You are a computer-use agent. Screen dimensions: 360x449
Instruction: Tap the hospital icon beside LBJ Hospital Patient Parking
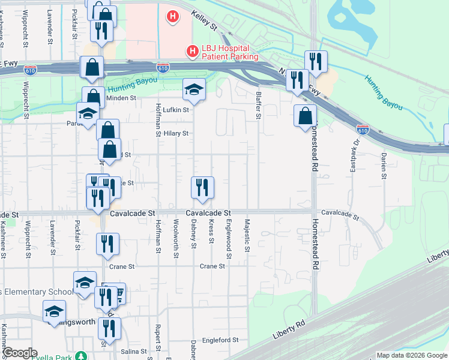tap(193, 52)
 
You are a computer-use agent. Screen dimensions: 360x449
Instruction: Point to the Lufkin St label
tap(177, 110)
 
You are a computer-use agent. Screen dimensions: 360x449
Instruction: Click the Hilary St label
tap(177, 133)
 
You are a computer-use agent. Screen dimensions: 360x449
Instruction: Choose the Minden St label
tap(121, 97)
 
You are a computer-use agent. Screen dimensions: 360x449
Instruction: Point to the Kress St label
tap(211, 231)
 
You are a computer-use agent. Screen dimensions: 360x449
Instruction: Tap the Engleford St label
tap(220, 340)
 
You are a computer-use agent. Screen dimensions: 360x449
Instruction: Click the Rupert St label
tap(158, 338)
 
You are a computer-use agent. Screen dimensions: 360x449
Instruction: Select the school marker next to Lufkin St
tap(194, 90)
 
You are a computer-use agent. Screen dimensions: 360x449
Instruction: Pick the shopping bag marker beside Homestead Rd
tap(305, 115)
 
